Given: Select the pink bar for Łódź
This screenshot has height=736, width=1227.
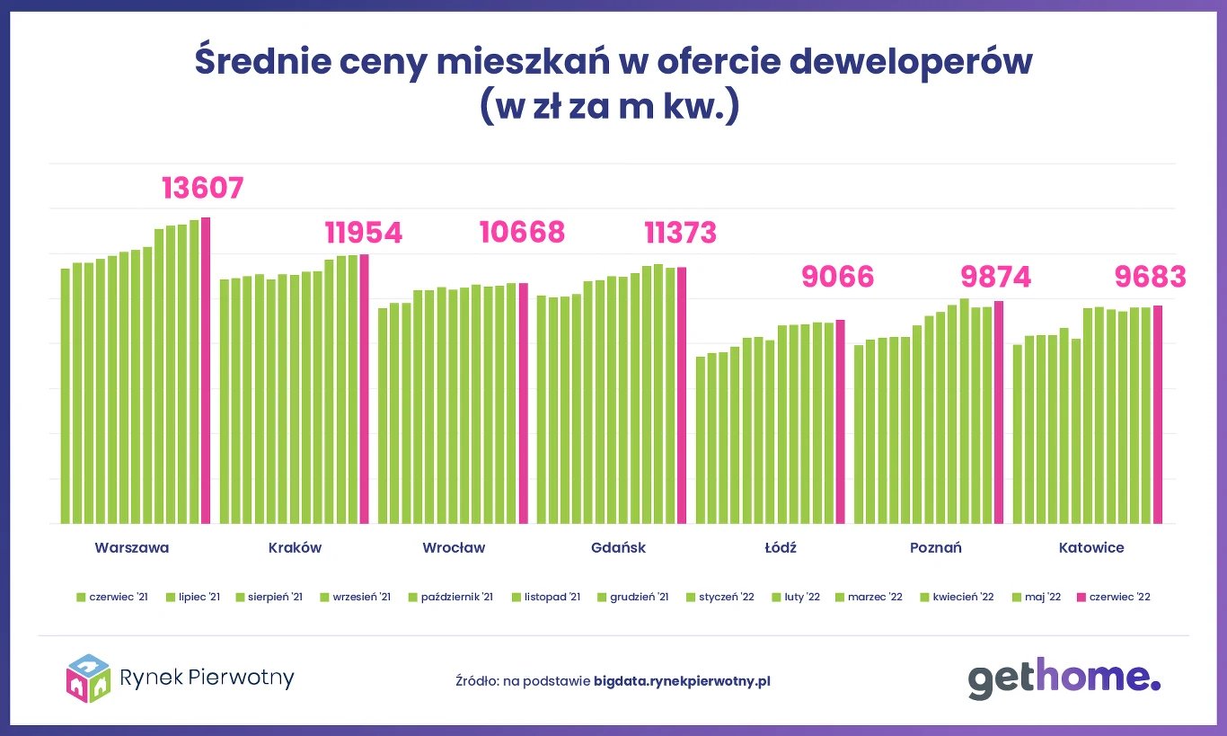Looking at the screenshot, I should [x=841, y=421].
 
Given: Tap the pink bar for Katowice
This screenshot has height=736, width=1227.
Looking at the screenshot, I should [x=1158, y=414].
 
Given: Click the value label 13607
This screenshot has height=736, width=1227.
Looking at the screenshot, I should [x=203, y=188].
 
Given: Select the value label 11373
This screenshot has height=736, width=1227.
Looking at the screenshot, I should [x=681, y=233].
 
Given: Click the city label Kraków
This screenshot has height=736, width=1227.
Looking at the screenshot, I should [x=295, y=547].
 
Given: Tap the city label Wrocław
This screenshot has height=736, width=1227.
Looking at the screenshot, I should [x=454, y=547].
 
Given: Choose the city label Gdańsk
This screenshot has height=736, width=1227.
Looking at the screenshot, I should [x=619, y=547].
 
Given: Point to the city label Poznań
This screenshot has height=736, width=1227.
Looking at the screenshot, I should [x=935, y=547].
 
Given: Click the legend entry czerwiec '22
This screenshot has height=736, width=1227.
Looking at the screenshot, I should [x=1113, y=597].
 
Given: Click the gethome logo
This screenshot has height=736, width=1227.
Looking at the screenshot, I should [x=1064, y=679].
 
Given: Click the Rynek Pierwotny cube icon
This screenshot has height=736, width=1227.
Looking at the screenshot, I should [x=88, y=678].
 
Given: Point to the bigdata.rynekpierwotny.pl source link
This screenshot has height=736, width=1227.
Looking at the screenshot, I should [x=682, y=680].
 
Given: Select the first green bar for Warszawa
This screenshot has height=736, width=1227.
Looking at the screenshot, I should [x=66, y=395].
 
